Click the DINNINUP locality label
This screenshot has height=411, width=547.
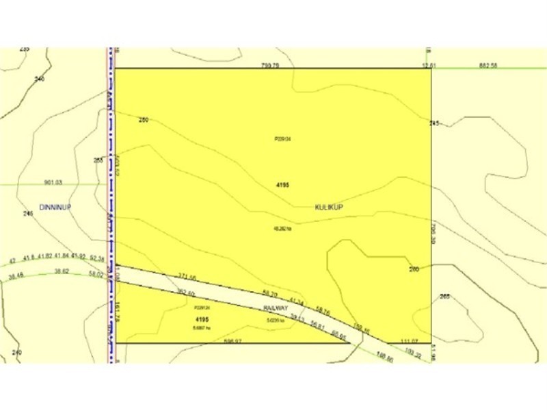(56, 206)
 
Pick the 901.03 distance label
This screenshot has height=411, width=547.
(53, 182)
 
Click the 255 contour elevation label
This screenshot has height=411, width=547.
(98, 160)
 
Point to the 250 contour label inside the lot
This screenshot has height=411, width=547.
(144, 121)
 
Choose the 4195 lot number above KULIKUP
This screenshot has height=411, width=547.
(282, 185)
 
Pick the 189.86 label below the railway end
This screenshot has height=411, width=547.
(387, 358)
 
